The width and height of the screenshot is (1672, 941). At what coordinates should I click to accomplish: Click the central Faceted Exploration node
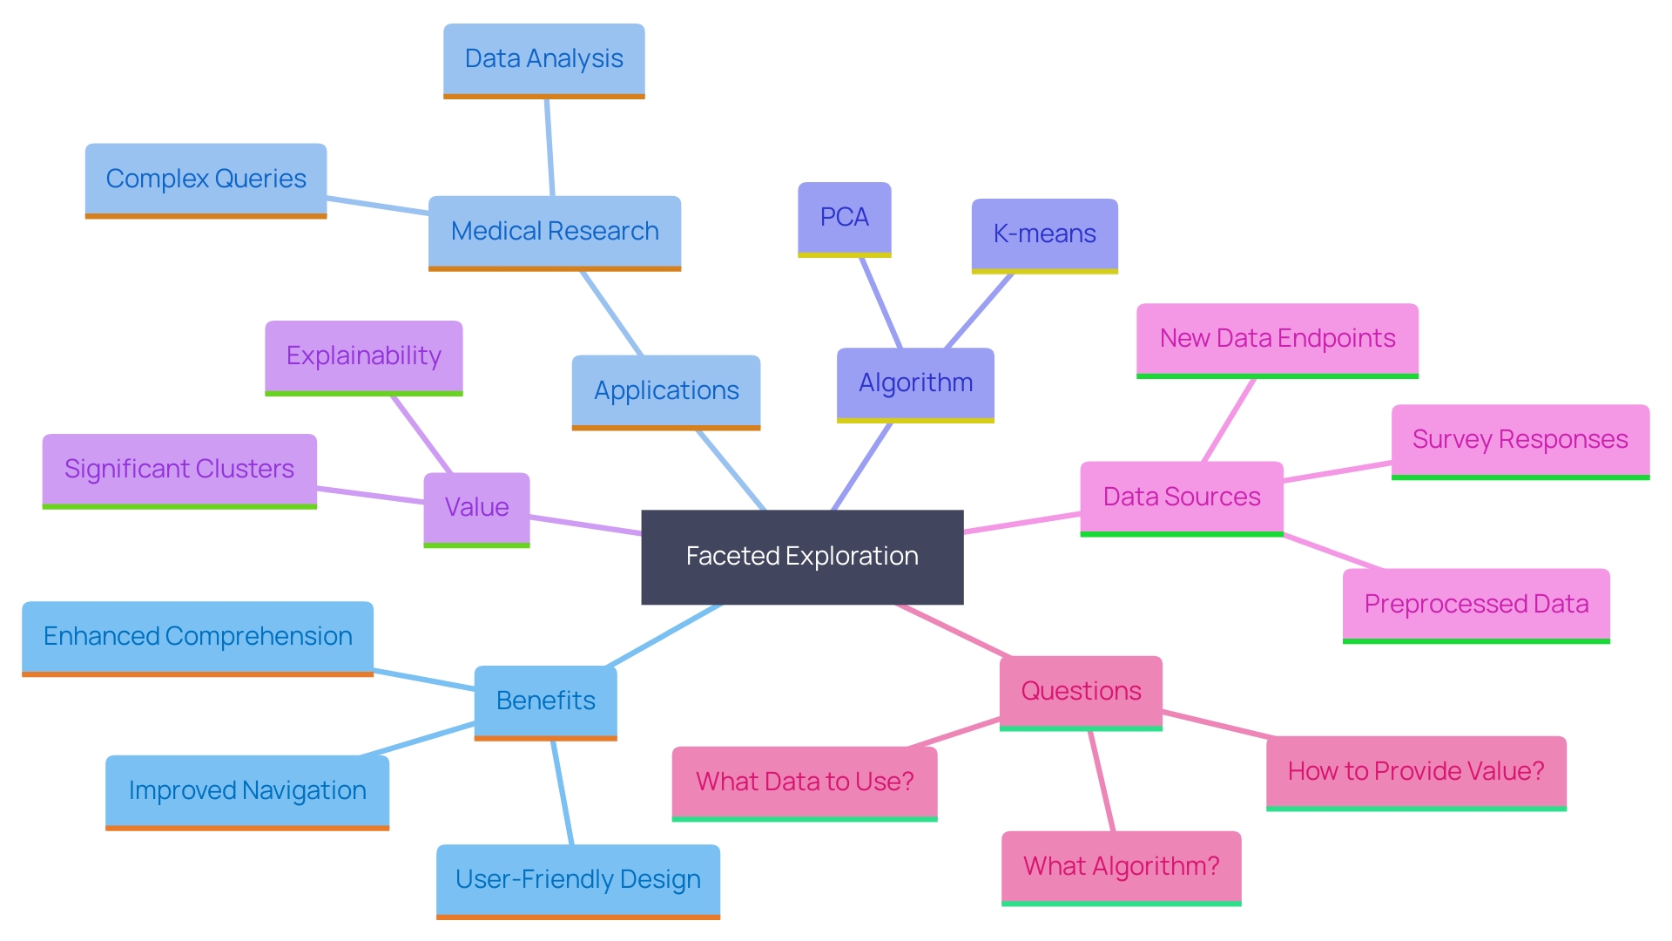pos(802,556)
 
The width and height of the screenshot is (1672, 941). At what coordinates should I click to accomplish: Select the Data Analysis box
pos(543,59)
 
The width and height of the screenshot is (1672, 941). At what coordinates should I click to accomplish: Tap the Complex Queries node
pos(206,179)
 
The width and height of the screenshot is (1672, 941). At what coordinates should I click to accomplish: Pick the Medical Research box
pos(555,231)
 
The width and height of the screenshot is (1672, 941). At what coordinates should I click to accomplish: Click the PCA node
pos(844,217)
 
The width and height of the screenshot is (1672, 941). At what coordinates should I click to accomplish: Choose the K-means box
pos(1044,234)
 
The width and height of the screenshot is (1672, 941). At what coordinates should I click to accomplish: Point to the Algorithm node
pos(915,382)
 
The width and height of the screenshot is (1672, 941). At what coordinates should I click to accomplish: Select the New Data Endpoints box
pos(1277,338)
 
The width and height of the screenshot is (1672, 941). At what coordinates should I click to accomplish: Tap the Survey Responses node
pos(1520,439)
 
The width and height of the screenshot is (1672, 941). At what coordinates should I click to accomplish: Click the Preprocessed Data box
pos(1476,604)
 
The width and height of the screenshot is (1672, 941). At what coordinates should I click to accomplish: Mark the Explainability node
pos(363,355)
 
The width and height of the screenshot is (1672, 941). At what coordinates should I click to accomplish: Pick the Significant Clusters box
pos(179,469)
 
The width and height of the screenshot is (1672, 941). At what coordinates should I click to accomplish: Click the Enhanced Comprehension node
pos(198,636)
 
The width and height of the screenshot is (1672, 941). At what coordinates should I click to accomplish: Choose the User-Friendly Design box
pos(577,879)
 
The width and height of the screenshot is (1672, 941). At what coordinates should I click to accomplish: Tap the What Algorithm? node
pos(1121,866)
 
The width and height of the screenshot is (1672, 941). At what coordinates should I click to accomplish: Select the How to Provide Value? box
pos(1416,771)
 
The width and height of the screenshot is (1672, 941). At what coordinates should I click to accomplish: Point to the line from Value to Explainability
pos(421,435)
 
